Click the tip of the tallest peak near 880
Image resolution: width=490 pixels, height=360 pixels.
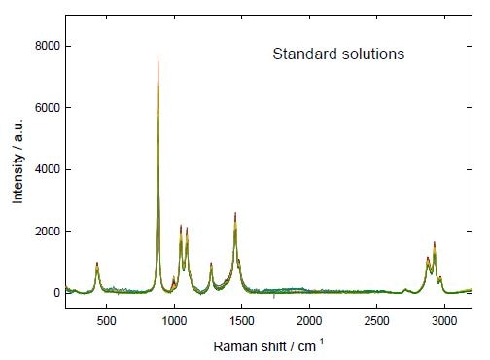(x=157, y=55)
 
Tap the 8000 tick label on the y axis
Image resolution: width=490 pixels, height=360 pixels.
(x=48, y=46)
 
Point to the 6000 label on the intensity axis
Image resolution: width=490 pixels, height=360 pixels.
(x=48, y=108)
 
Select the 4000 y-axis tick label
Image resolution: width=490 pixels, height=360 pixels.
(x=48, y=169)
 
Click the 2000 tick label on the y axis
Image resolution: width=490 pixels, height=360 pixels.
(x=48, y=232)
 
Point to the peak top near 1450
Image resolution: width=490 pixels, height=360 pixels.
(x=235, y=214)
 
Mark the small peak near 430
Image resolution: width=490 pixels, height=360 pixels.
(x=97, y=264)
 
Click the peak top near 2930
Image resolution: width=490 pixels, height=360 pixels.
(x=435, y=243)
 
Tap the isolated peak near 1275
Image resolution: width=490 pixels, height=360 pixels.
(x=211, y=264)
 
